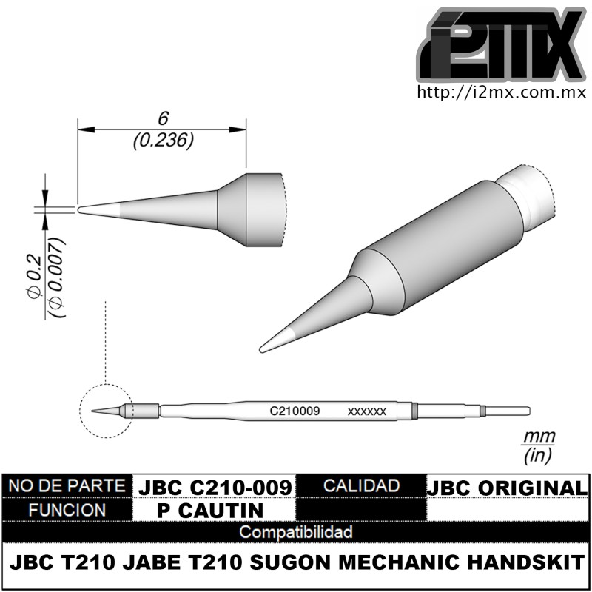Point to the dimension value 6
click(x=164, y=119)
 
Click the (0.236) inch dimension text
click(x=164, y=140)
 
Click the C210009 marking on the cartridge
click(x=294, y=409)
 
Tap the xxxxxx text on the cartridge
click(x=366, y=411)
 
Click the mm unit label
click(x=539, y=437)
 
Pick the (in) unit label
click(x=538, y=454)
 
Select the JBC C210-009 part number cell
click(x=215, y=487)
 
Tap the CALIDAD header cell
click(x=362, y=486)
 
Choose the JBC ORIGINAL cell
click(x=508, y=488)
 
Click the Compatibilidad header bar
click(x=296, y=532)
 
